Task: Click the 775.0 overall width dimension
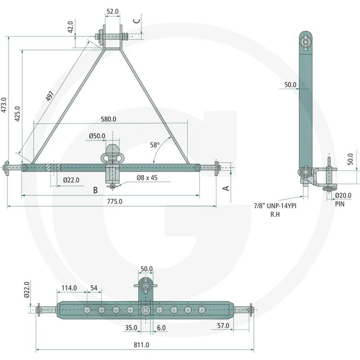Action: coord(115,201)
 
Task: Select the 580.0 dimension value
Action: coord(108,119)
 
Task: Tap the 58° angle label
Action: coord(155,145)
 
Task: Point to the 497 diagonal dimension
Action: coord(50,96)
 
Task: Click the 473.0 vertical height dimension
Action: coord(4,105)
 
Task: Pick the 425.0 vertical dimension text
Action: coord(18,114)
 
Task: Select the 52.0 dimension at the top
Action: coord(112,12)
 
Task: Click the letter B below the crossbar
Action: coord(95,190)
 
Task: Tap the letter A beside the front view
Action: coord(226,188)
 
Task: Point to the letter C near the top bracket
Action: coord(137,21)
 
